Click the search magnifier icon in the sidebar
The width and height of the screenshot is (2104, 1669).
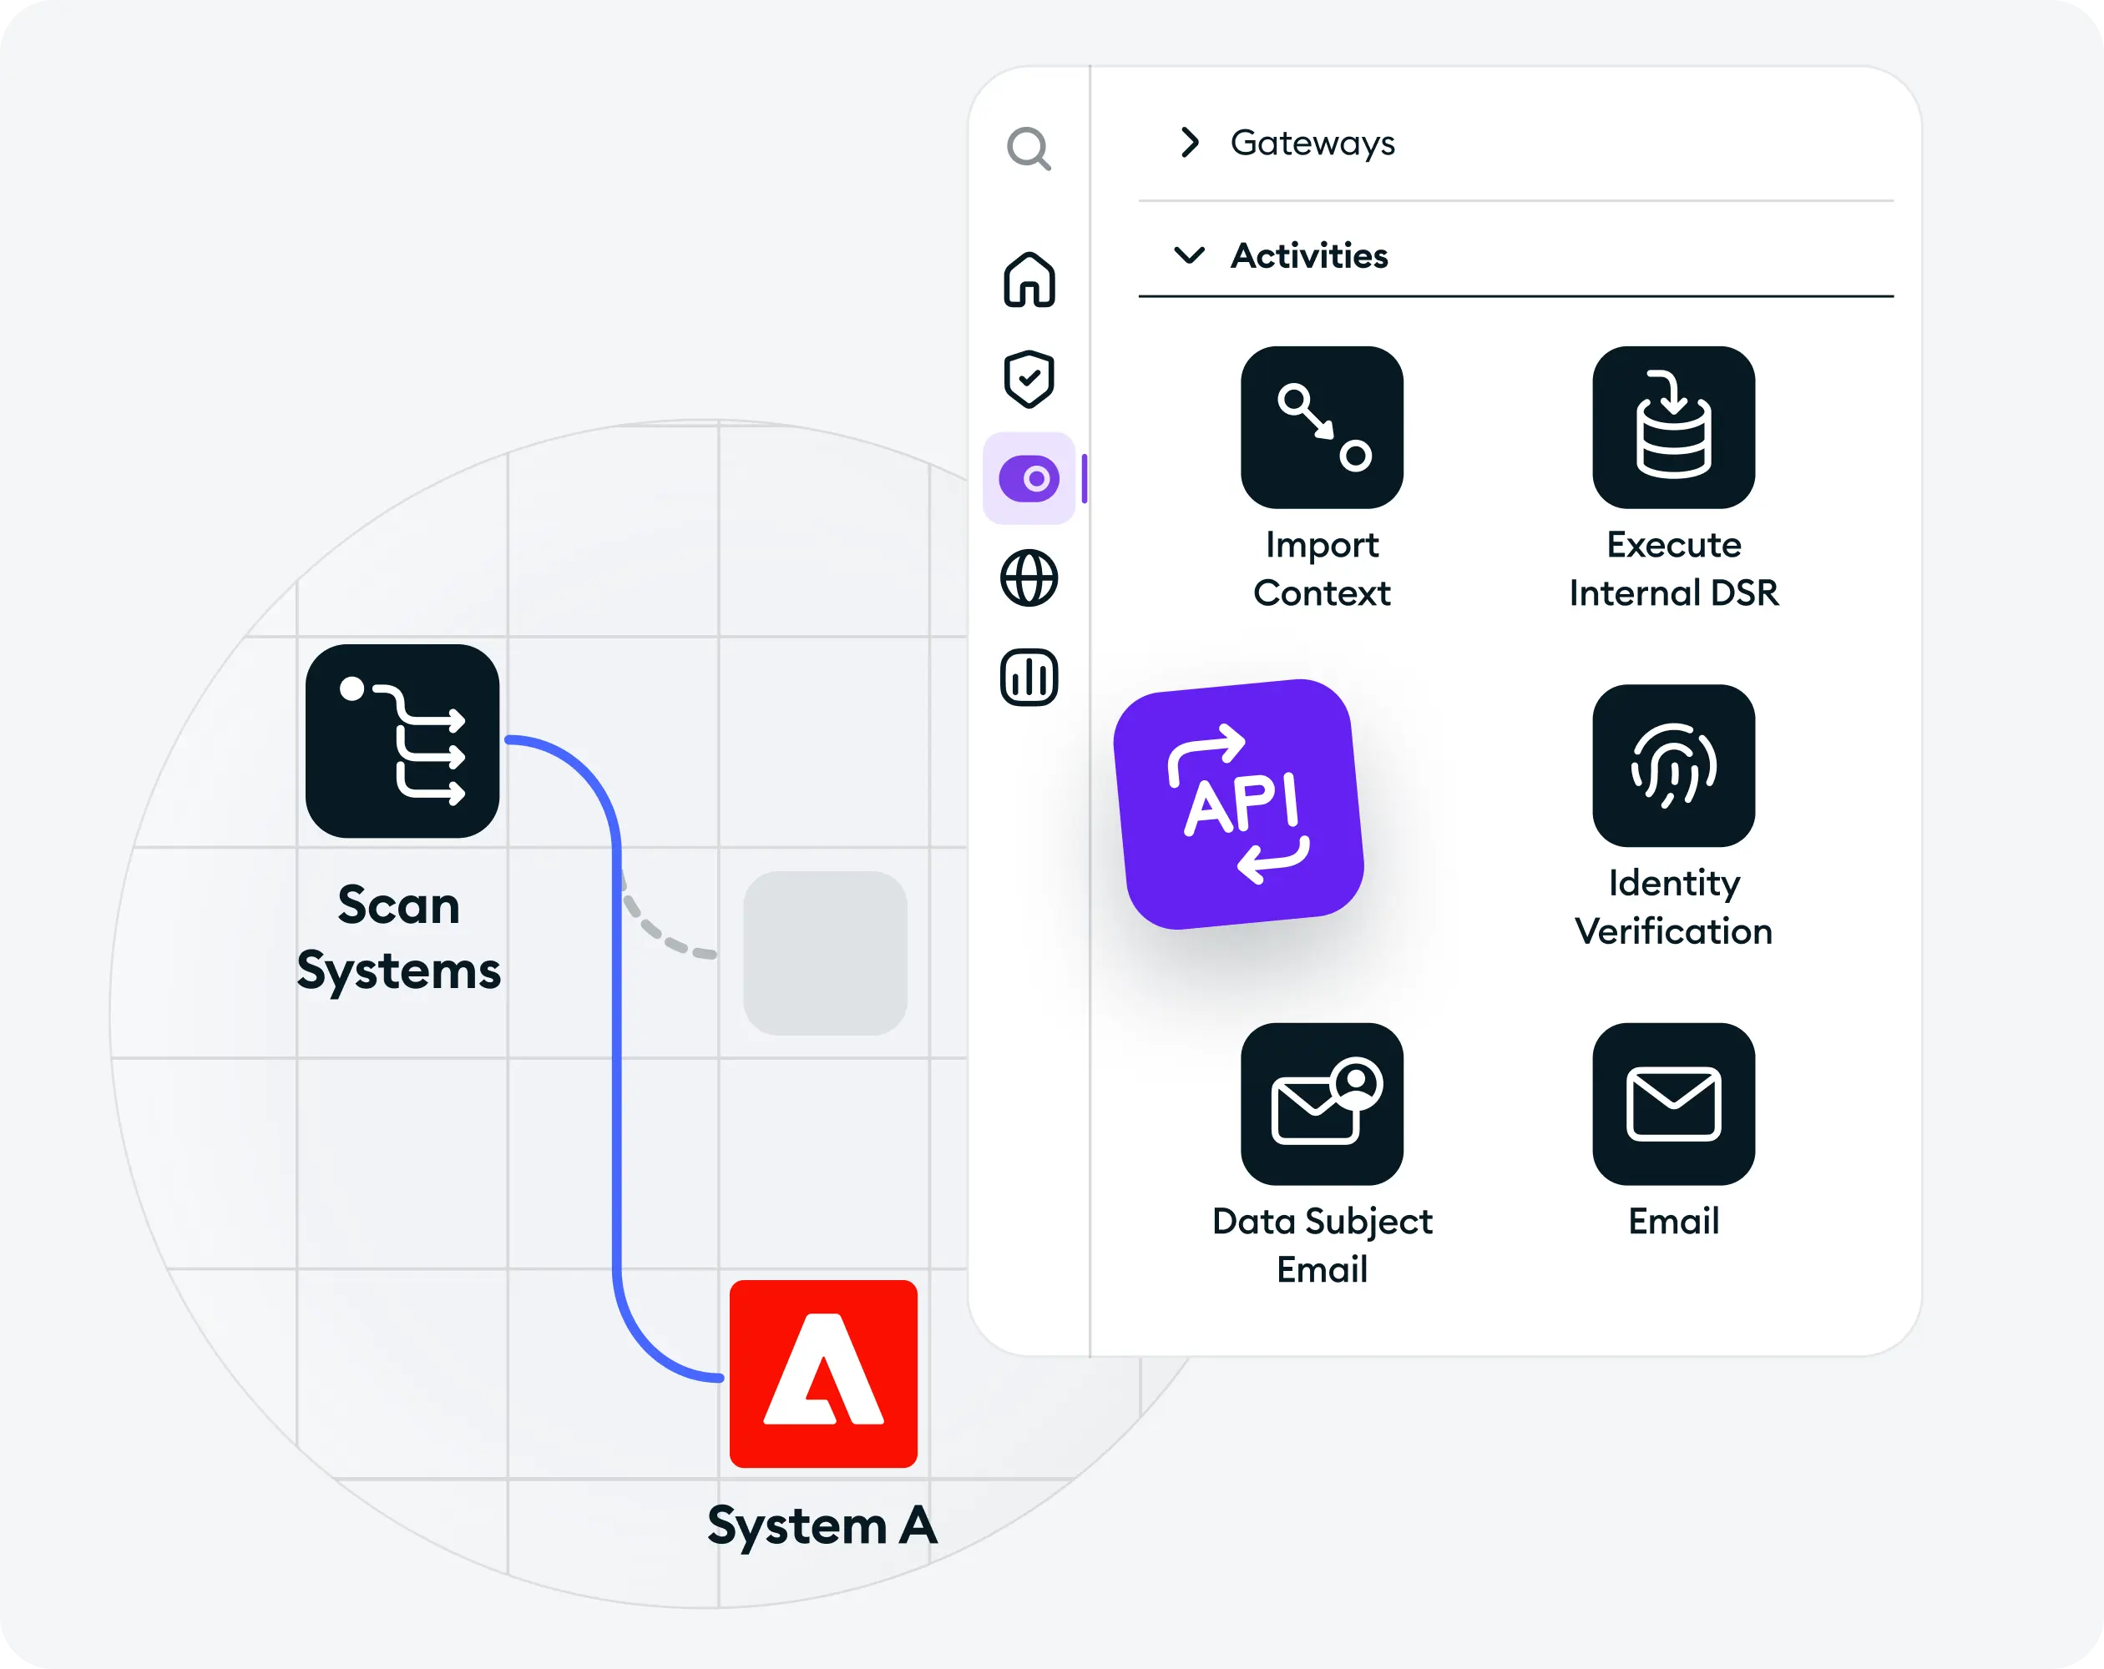(x=1029, y=149)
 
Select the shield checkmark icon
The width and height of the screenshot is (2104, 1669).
(x=1029, y=379)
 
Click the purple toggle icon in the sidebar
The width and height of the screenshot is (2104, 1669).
(x=1029, y=479)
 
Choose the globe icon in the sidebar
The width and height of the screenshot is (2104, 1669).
(x=1029, y=578)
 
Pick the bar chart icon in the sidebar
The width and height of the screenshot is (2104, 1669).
(x=1029, y=677)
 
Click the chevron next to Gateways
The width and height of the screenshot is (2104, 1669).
(x=1190, y=143)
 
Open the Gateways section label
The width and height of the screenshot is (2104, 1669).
(x=1312, y=144)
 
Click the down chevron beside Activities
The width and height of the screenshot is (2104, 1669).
(x=1190, y=255)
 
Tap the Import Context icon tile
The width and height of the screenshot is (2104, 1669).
(x=1323, y=427)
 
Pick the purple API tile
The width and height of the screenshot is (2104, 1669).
(x=1238, y=804)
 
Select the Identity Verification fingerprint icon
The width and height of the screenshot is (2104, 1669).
(x=1674, y=766)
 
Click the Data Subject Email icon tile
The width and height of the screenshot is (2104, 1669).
(x=1323, y=1104)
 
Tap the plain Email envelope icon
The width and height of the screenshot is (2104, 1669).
(x=1674, y=1104)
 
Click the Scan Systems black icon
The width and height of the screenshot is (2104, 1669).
(x=402, y=741)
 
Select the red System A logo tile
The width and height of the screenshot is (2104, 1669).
(x=823, y=1374)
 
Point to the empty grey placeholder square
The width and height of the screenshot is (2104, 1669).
(x=826, y=953)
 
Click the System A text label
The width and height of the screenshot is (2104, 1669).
(x=822, y=1525)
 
